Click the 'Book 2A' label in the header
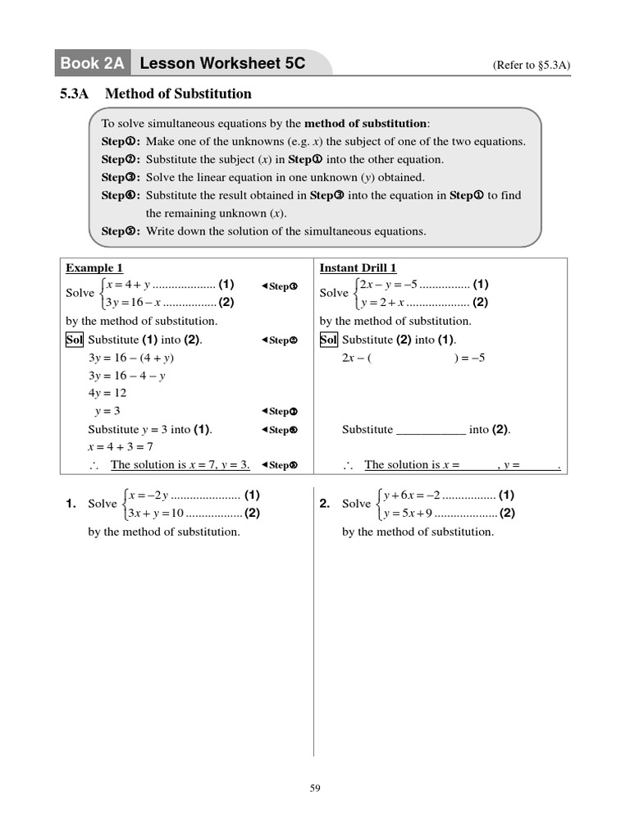click(91, 63)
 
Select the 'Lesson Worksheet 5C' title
click(222, 63)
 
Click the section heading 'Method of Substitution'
click(178, 94)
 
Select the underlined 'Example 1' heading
click(94, 268)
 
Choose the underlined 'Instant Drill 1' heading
click(358, 268)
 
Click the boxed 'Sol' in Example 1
click(75, 340)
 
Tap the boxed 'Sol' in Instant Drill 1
click(328, 340)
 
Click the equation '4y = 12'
click(107, 393)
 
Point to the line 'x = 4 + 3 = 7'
click(121, 446)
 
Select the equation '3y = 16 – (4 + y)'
click(131, 358)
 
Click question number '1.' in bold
click(71, 504)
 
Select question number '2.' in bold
click(325, 504)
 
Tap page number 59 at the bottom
click(315, 788)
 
